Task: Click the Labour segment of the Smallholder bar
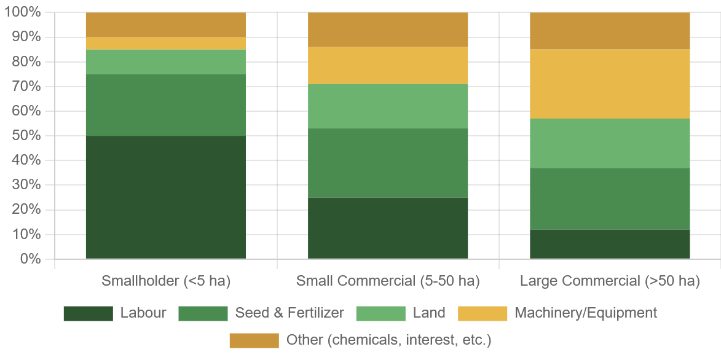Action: pos(165,197)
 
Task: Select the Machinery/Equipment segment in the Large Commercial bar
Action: pos(610,84)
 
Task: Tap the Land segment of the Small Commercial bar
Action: pos(388,106)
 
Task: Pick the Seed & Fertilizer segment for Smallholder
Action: pos(165,104)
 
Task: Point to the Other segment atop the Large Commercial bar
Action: pos(610,31)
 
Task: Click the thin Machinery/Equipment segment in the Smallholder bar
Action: pos(165,43)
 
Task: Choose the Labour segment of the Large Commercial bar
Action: pos(610,244)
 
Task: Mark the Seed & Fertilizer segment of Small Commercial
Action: pos(388,162)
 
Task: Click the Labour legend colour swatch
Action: pos(88,313)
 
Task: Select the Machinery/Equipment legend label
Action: pos(586,313)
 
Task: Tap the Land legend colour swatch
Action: pos(381,313)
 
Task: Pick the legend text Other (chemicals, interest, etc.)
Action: pos(388,340)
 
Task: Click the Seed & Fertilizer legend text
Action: pos(290,313)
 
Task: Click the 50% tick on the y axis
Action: pos(25,135)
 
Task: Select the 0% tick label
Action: pos(29,259)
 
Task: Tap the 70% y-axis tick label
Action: pos(25,86)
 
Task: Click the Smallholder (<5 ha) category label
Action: pos(165,281)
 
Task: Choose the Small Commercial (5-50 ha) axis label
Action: pos(388,281)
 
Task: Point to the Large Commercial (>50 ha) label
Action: pos(610,281)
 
